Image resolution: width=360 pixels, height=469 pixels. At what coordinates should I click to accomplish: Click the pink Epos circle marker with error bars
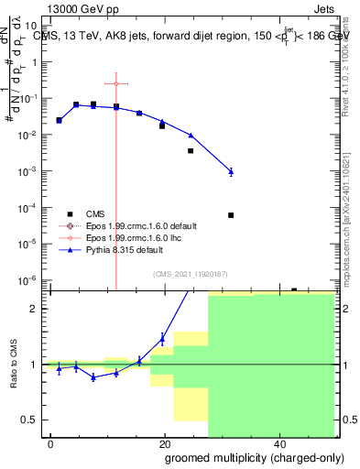coord(116,83)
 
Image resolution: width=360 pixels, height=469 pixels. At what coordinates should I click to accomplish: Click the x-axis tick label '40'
coord(278,443)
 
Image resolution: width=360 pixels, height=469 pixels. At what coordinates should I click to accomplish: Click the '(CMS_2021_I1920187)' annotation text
coord(191,273)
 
